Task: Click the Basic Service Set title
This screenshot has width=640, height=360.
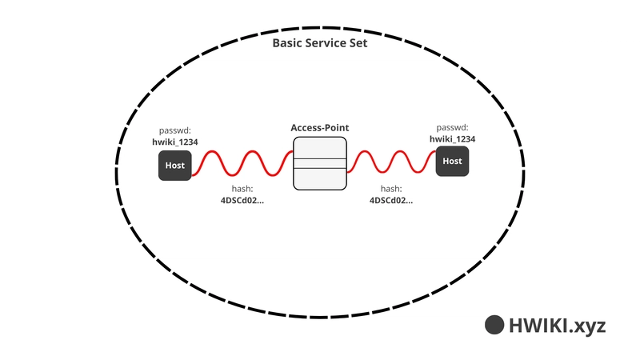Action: (320, 44)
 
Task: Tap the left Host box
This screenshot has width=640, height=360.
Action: (174, 166)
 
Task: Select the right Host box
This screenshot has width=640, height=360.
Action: (452, 162)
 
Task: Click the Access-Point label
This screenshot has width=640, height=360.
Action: (319, 128)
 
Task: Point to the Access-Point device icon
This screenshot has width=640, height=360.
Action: (319, 163)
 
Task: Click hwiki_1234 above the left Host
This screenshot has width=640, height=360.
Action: (175, 142)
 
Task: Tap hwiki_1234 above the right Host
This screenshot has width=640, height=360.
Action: (453, 138)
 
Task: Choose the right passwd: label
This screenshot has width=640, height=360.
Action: (452, 127)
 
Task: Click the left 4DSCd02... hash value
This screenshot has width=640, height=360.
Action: (242, 201)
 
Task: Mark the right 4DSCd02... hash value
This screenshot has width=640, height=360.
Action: (391, 201)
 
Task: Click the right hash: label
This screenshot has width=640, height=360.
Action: (390, 190)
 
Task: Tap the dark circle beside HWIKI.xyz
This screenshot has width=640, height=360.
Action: (494, 325)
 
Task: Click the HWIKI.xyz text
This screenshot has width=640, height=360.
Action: (558, 325)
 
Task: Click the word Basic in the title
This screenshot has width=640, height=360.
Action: (289, 44)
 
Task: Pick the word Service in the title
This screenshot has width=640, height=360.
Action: (326, 44)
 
